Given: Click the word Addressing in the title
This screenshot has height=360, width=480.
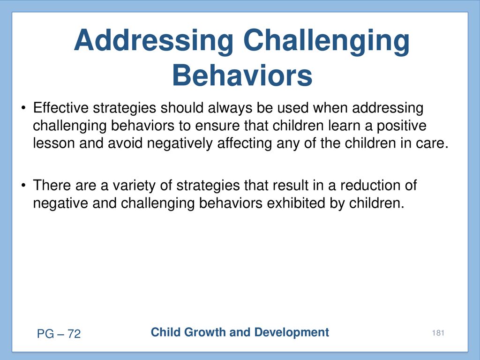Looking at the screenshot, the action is tap(153, 40).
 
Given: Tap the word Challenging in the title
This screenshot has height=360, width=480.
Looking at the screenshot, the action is tap(326, 40).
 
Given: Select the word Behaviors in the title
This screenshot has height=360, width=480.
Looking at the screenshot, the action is tap(242, 75).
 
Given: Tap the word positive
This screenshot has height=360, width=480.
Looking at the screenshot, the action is tap(401, 126).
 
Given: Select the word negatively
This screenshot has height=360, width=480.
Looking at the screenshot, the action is tap(180, 143).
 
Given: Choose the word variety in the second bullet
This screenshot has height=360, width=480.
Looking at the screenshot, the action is tap(134, 186).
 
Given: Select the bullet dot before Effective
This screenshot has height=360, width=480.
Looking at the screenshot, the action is tap(23, 108).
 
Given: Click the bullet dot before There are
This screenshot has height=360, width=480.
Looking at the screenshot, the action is tap(23, 186).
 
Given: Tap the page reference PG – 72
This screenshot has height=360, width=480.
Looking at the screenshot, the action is tap(59, 334).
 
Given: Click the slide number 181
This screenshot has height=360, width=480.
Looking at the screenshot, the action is tap(438, 333).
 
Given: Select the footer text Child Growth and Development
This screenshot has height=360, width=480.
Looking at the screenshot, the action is tap(240, 332).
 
